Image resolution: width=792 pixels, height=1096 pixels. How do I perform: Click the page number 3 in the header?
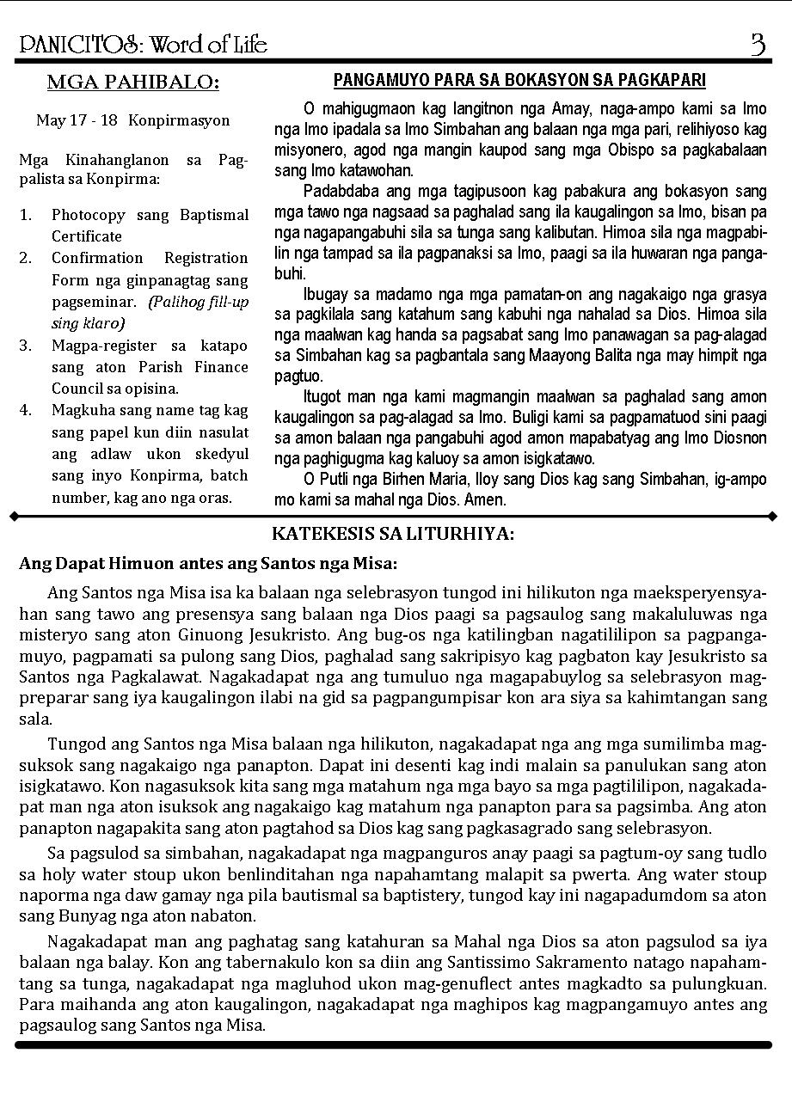tap(758, 44)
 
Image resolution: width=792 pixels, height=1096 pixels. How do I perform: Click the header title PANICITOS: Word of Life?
tap(143, 44)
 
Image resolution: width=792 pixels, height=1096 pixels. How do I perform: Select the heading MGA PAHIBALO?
tap(133, 83)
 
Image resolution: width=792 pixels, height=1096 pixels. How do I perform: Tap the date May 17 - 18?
tap(77, 120)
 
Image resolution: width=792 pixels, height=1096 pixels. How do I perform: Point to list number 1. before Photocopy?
tap(26, 215)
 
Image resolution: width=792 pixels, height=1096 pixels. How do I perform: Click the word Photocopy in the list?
tap(88, 215)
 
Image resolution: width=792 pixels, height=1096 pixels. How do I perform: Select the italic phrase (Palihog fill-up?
tap(199, 303)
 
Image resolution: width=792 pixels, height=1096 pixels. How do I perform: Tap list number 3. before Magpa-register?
tap(26, 346)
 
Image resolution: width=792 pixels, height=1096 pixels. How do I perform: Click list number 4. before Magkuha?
tap(26, 410)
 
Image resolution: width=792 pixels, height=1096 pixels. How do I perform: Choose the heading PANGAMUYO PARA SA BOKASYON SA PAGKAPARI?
tap(519, 81)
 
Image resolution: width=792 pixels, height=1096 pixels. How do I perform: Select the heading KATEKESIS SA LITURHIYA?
tap(393, 534)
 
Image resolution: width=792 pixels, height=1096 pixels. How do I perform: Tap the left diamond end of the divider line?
tap(14, 517)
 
